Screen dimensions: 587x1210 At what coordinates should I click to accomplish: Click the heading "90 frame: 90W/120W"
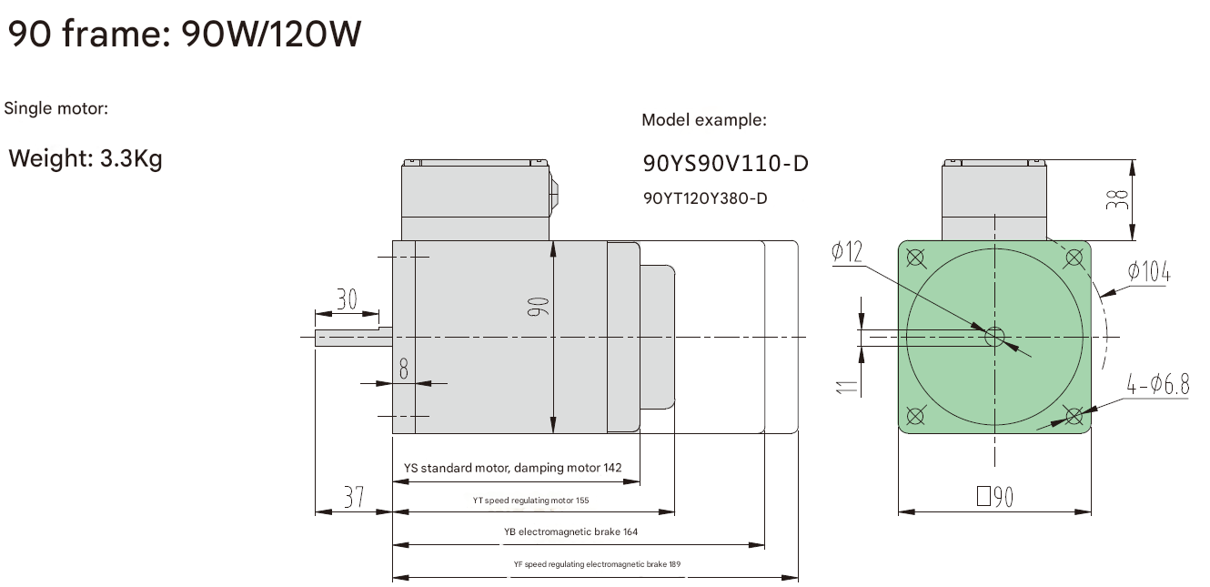pyautogui.click(x=185, y=35)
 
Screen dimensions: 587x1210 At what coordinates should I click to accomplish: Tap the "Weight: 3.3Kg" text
pyautogui.click(x=86, y=159)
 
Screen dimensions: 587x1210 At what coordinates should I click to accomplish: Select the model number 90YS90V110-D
pyautogui.click(x=725, y=164)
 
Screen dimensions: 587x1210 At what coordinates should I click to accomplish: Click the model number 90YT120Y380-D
pyautogui.click(x=705, y=197)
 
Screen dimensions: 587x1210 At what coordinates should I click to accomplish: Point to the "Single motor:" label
pyautogui.click(x=56, y=109)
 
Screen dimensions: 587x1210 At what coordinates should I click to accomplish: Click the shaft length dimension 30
pyautogui.click(x=347, y=299)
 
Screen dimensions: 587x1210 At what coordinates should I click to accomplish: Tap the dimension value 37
pyautogui.click(x=353, y=497)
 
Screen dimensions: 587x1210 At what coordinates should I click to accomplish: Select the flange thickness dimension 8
pyautogui.click(x=404, y=367)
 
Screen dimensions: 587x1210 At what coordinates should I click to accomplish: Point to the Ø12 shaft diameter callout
pyautogui.click(x=847, y=252)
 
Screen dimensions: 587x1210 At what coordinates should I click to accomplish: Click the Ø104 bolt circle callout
pyautogui.click(x=1148, y=271)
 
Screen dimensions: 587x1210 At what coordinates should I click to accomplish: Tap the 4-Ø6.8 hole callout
pyautogui.click(x=1157, y=385)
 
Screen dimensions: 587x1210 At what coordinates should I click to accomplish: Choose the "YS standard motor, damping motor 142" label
pyautogui.click(x=512, y=468)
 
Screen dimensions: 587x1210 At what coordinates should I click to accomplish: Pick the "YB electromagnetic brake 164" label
pyautogui.click(x=570, y=531)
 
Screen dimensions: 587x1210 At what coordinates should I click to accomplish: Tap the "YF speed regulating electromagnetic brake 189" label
pyautogui.click(x=597, y=564)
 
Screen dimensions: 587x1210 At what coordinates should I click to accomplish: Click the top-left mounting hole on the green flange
pyautogui.click(x=915, y=258)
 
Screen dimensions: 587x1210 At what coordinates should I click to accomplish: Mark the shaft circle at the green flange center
pyautogui.click(x=994, y=338)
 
